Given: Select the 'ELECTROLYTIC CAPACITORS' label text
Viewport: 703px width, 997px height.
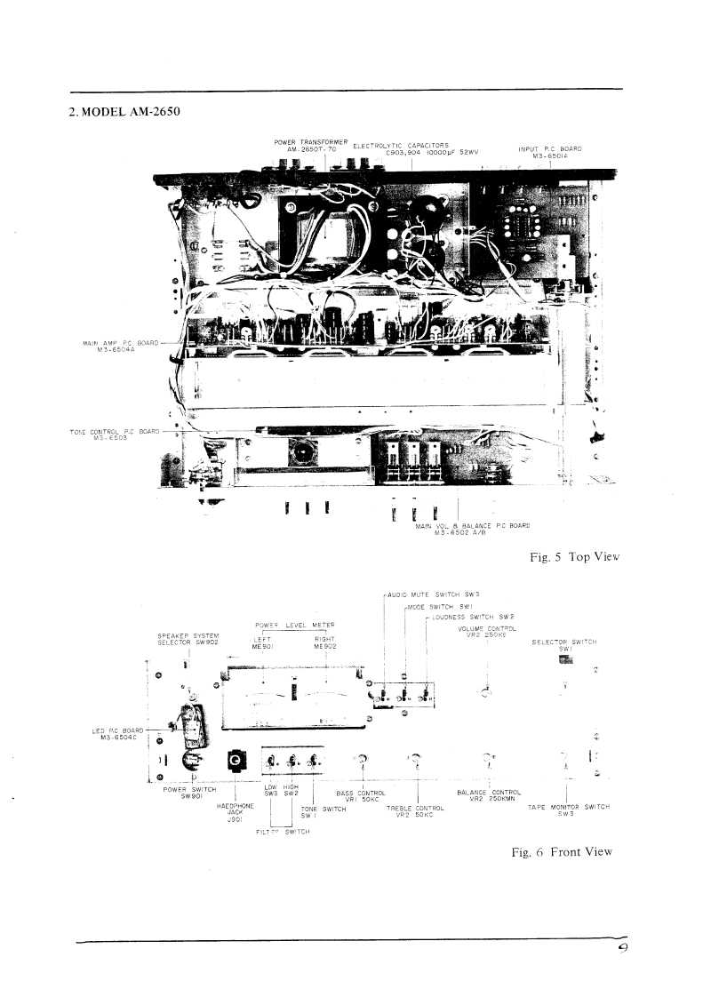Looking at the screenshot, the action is tap(400, 144).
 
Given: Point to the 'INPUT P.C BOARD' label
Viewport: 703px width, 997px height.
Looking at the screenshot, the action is tap(549, 148).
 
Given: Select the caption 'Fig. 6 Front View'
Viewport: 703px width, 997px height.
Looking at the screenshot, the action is tap(562, 851).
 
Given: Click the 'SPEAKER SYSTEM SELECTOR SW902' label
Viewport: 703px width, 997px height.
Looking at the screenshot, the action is tap(188, 639).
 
